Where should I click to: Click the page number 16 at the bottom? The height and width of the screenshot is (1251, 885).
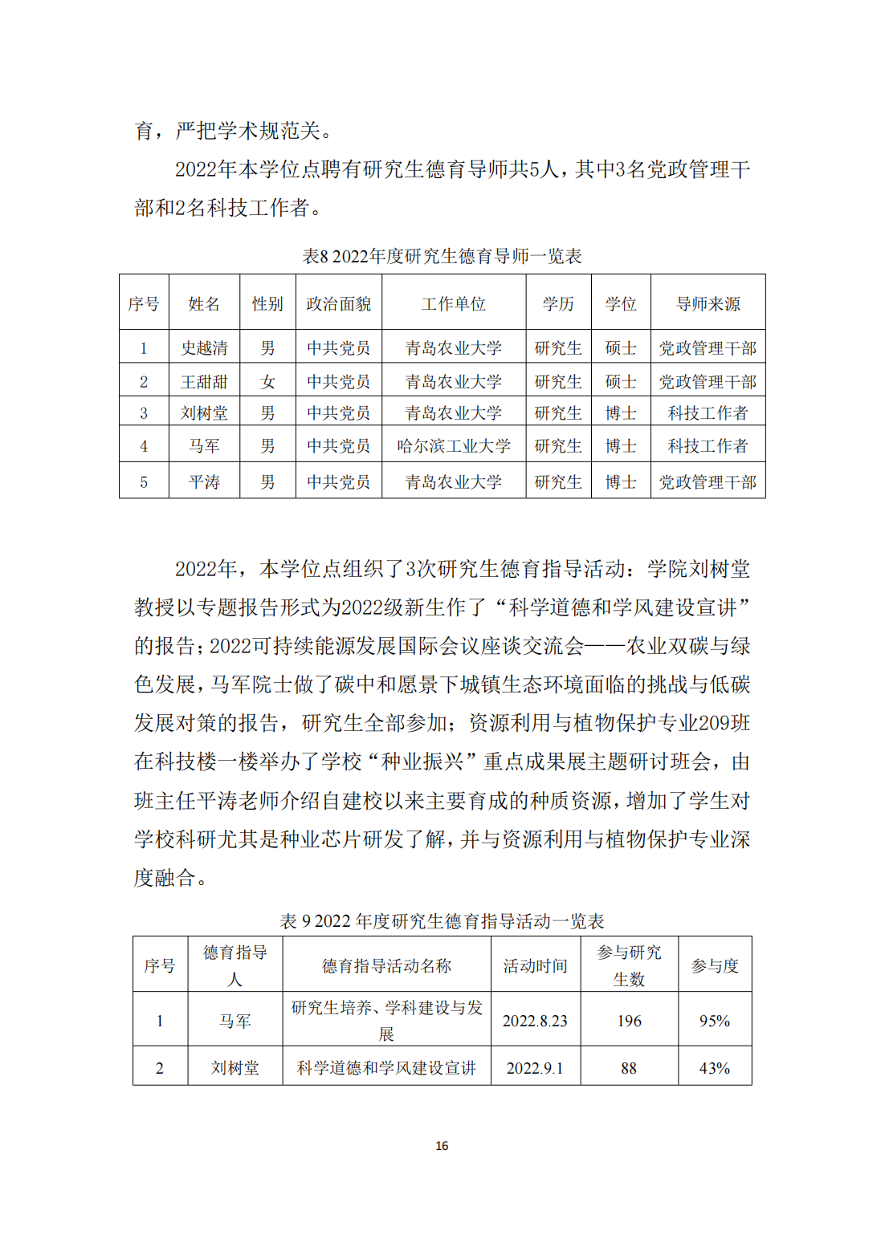(x=442, y=1145)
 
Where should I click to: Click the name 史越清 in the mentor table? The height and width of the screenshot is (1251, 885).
(x=204, y=347)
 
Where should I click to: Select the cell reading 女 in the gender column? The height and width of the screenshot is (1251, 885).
(x=267, y=381)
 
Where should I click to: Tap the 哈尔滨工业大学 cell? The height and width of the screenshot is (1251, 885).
(x=454, y=445)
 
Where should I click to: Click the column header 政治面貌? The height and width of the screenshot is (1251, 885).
(x=338, y=303)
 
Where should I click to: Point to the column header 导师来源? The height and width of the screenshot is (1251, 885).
(x=708, y=303)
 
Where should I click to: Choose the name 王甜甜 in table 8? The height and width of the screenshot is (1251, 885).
(x=204, y=381)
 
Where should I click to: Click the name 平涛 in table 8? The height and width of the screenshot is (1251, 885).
(x=204, y=481)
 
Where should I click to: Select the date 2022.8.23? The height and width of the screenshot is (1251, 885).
(x=535, y=1021)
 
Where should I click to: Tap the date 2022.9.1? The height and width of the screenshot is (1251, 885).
(x=535, y=1068)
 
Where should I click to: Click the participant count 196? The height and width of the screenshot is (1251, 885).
(x=629, y=1021)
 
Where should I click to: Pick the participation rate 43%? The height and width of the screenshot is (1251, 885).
(x=714, y=1068)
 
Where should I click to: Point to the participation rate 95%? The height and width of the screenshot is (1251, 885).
(x=714, y=1021)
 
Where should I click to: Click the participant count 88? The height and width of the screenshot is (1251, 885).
(x=629, y=1068)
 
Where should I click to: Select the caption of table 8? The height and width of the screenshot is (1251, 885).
(x=442, y=256)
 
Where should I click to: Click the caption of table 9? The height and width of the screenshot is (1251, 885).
(x=442, y=920)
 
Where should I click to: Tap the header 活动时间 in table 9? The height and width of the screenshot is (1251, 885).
(x=535, y=965)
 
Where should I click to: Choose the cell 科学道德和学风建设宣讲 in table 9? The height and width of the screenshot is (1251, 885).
(x=386, y=1068)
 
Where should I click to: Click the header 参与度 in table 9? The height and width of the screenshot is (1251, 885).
(x=714, y=965)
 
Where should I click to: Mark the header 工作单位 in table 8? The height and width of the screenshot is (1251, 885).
(x=454, y=303)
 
